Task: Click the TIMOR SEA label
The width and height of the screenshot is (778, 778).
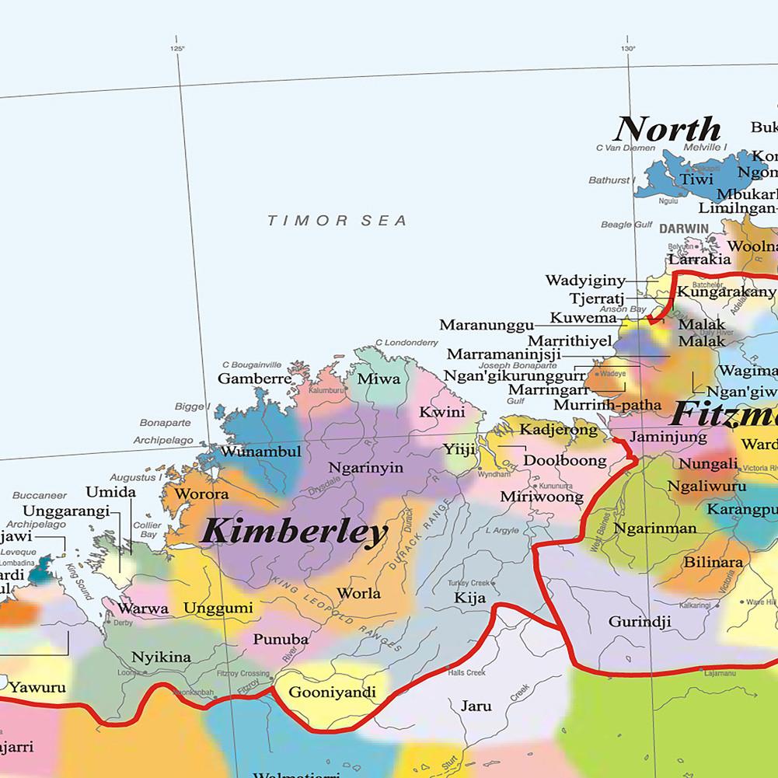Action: pyautogui.click(x=337, y=221)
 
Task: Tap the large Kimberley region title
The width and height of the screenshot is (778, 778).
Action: pyautogui.click(x=294, y=533)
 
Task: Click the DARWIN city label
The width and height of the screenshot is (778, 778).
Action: pyautogui.click(x=684, y=229)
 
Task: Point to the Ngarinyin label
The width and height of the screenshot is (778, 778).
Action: pyautogui.click(x=366, y=468)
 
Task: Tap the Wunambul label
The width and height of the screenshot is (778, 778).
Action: pyautogui.click(x=260, y=452)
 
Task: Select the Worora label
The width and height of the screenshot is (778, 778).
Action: pyautogui.click(x=201, y=494)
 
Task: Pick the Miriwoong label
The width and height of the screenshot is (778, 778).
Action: pyautogui.click(x=541, y=496)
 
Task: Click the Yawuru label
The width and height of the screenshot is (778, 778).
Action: pyautogui.click(x=37, y=687)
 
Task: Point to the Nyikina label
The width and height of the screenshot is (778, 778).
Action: pyautogui.click(x=161, y=657)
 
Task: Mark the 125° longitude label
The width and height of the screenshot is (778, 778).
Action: pyautogui.click(x=177, y=49)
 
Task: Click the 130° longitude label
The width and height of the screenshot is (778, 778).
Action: pyautogui.click(x=628, y=49)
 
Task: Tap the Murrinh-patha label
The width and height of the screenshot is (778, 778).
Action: pyautogui.click(x=607, y=405)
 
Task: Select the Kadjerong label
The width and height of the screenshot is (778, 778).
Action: pyautogui.click(x=558, y=429)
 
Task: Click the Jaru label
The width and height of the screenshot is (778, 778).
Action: pyautogui.click(x=476, y=706)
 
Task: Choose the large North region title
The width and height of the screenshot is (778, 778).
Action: pyautogui.click(x=668, y=129)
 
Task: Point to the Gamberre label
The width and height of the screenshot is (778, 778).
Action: pyautogui.click(x=254, y=379)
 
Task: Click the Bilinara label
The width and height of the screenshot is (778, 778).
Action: pyautogui.click(x=713, y=561)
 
